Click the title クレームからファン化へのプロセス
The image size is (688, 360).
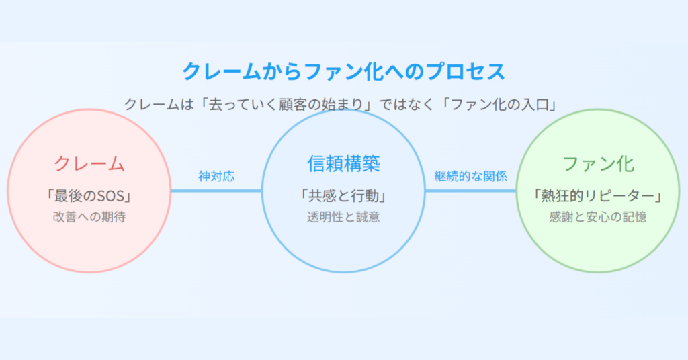click(x=343, y=71)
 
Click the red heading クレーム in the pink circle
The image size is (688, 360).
click(x=89, y=164)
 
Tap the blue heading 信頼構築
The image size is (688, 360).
click(x=343, y=164)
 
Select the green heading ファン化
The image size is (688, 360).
click(x=598, y=164)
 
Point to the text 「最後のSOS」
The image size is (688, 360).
click(x=89, y=196)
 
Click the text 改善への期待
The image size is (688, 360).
click(x=89, y=217)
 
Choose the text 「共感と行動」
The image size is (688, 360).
click(x=343, y=196)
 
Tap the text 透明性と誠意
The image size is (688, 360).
click(x=343, y=217)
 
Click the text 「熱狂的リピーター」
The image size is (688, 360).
click(x=598, y=196)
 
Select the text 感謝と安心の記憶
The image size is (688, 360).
click(x=598, y=217)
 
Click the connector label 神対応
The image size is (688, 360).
click(x=216, y=176)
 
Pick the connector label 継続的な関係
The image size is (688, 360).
click(x=471, y=176)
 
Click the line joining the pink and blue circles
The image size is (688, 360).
click(x=216, y=191)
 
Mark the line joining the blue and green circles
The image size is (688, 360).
click(x=471, y=191)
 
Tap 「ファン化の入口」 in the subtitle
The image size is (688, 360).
click(x=499, y=105)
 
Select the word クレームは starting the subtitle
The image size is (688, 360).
click(x=159, y=105)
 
